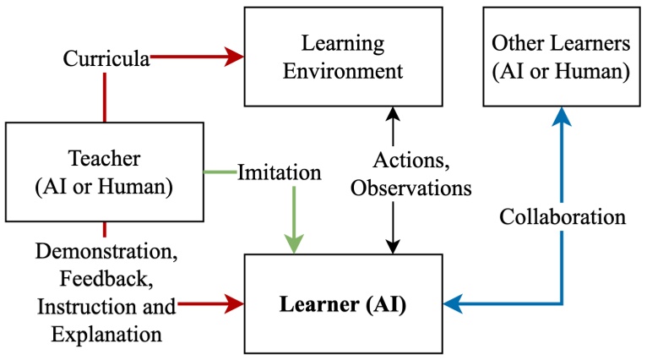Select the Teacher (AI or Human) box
pyautogui.click(x=104, y=172)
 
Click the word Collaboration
pyautogui.click(x=562, y=216)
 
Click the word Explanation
pyautogui.click(x=106, y=332)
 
